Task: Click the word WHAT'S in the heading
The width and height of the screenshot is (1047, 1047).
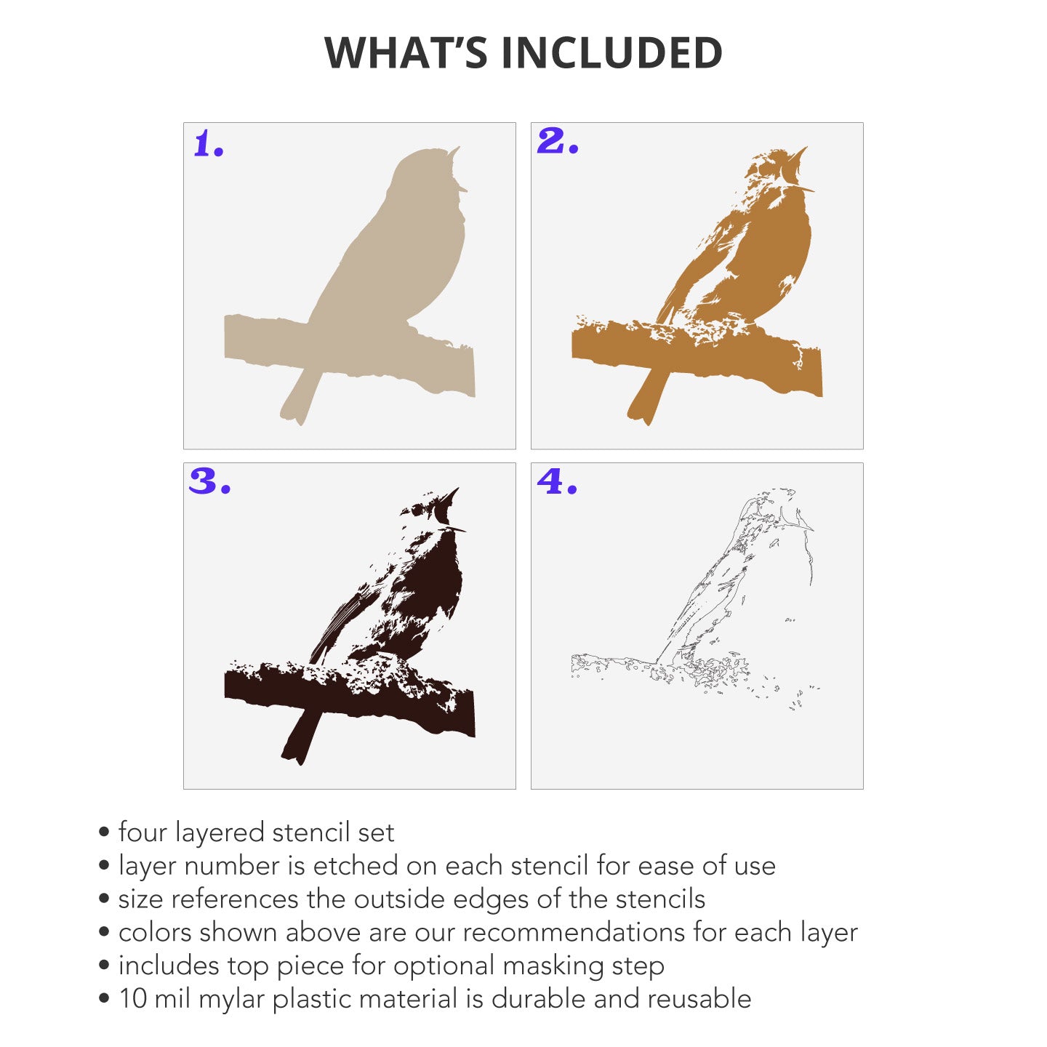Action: click(x=405, y=52)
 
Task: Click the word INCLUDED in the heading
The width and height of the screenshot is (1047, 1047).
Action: click(x=611, y=52)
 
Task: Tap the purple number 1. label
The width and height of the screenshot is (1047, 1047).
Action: click(x=209, y=144)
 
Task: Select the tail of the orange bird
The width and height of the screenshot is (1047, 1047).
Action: click(x=648, y=397)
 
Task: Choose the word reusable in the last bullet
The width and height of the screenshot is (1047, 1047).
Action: click(x=699, y=1000)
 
